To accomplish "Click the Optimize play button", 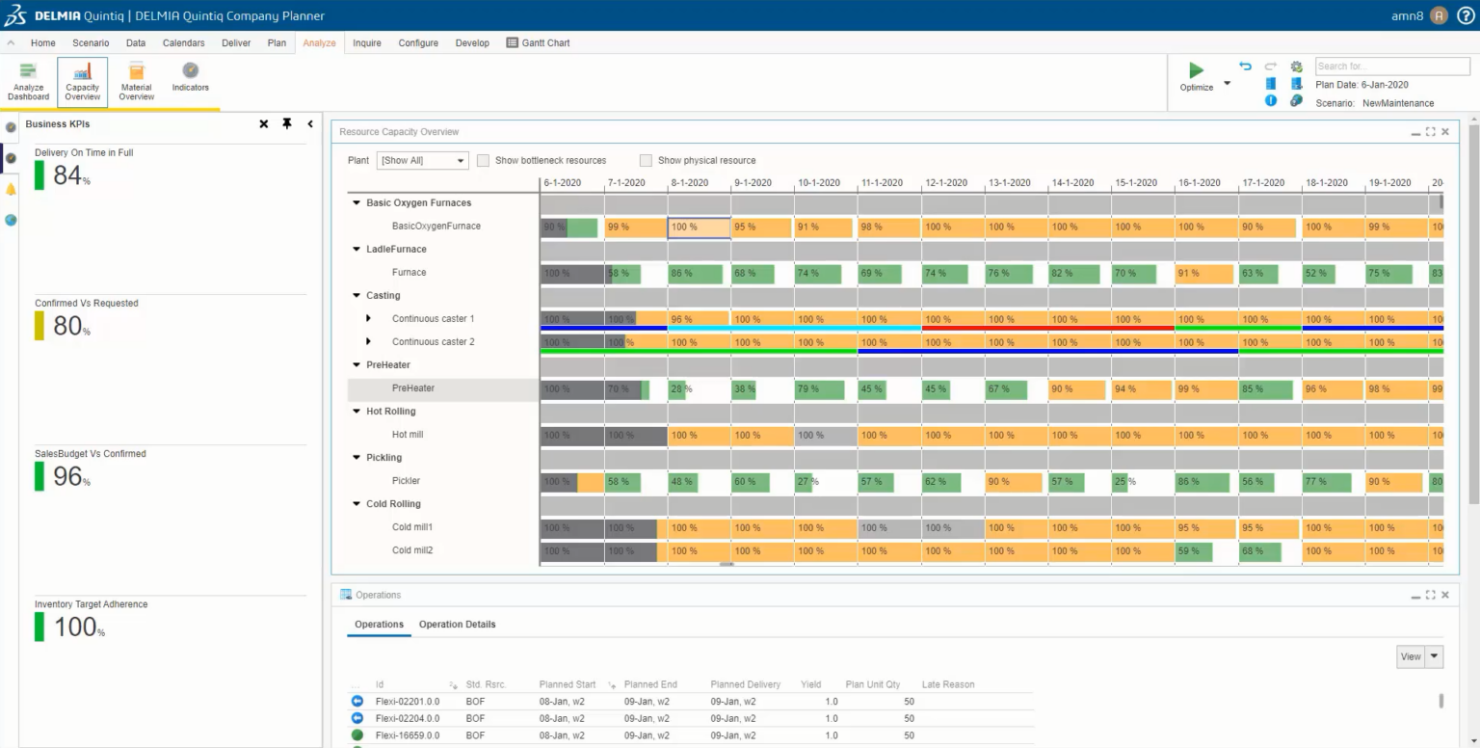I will tap(1196, 70).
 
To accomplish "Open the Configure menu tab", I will tap(418, 43).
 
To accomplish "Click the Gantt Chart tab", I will tap(539, 43).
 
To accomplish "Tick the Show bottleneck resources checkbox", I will tap(484, 161).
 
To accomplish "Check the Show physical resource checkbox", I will tap(647, 161).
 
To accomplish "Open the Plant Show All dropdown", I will tap(422, 161).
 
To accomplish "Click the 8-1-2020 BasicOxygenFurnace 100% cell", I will tap(699, 227).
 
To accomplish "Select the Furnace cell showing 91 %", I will tap(1203, 274).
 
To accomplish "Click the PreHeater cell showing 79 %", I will tap(819, 389).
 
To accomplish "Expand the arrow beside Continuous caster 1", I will tap(368, 319).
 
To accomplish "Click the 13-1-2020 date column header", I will tap(1009, 183).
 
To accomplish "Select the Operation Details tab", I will tap(457, 625).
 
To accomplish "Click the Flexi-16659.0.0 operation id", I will tap(407, 735).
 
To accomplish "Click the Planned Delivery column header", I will tap(745, 684).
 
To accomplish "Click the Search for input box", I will tap(1392, 67).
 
